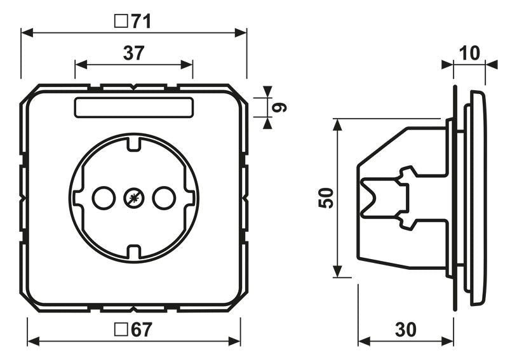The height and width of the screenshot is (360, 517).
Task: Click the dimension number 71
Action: (x=141, y=22)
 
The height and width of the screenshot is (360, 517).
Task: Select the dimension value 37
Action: (x=134, y=53)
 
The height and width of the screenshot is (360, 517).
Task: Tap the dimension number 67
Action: (x=142, y=330)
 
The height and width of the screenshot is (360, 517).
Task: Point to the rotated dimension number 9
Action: (x=279, y=107)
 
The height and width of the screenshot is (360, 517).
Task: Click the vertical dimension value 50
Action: (x=326, y=198)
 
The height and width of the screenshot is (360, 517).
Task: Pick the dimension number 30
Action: (x=406, y=330)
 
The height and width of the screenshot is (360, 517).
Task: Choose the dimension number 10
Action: (x=469, y=53)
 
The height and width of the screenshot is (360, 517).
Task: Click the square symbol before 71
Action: (x=121, y=21)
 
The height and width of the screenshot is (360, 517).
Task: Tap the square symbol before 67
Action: (x=121, y=330)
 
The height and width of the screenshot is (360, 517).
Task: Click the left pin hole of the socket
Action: (x=104, y=198)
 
